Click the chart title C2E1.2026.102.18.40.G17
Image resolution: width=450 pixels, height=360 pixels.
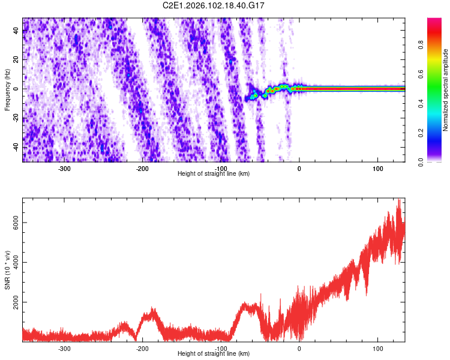point(214,5)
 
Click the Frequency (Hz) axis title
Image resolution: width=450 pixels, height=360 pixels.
point(7,89)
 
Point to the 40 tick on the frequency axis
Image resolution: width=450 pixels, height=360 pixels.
point(16,31)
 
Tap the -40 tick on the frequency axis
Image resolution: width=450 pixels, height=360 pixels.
point(14,147)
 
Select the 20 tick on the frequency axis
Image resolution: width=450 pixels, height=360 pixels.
point(16,60)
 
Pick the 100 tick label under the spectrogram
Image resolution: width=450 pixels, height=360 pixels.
point(377,168)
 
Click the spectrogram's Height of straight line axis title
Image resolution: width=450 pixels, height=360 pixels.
point(214,173)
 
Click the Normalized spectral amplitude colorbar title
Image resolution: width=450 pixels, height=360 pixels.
point(446,89)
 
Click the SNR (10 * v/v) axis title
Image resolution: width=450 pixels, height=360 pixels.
point(7,269)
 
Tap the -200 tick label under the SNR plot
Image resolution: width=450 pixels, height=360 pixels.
point(142,349)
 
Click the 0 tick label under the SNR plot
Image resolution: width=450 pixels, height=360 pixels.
point(299,349)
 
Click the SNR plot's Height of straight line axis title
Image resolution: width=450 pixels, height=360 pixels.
point(214,354)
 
